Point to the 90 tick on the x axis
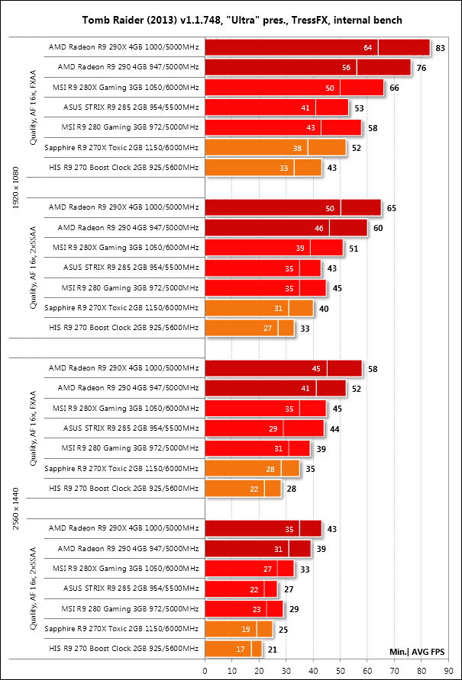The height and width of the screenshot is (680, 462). coord(448,669)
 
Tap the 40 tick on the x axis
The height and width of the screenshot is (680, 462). coord(313,669)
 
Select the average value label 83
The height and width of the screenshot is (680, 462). coord(440,48)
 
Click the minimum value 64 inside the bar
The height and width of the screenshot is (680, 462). coord(367,48)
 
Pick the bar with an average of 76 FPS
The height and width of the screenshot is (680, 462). coord(308,68)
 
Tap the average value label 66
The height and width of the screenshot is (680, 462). coord(394,88)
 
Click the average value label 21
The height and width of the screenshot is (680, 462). coord(273,648)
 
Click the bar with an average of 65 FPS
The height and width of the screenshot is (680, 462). coord(292,207)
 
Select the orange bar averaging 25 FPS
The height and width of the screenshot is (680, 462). coord(238,628)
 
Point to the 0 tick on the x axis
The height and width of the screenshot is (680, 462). coord(205,669)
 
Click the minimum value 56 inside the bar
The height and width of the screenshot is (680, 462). coord(346,68)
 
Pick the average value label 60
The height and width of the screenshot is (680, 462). coord(378,226)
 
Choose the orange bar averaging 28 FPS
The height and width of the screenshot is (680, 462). coord(243,488)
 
